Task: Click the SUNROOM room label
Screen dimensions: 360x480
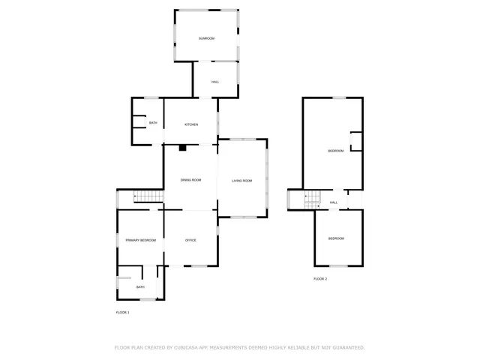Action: pyautogui.click(x=206, y=37)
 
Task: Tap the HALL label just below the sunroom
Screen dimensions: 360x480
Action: pyautogui.click(x=215, y=82)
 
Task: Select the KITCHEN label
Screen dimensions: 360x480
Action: pyautogui.click(x=191, y=124)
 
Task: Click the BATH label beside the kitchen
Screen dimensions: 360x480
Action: pyautogui.click(x=153, y=123)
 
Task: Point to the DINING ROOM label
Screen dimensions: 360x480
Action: pyautogui.click(x=191, y=180)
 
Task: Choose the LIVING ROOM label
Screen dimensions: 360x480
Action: pyautogui.click(x=241, y=181)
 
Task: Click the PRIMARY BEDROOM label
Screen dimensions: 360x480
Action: pyautogui.click(x=141, y=240)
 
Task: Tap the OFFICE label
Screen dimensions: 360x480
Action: pyautogui.click(x=190, y=240)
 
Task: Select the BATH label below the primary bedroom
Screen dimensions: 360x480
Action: pyautogui.click(x=140, y=287)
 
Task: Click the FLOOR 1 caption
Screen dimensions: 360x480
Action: pyautogui.click(x=122, y=312)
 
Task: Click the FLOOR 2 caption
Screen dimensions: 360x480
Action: pyautogui.click(x=320, y=278)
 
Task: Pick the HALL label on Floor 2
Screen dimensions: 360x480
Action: pyautogui.click(x=334, y=202)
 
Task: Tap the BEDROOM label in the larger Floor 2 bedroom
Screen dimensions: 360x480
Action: pyautogui.click(x=335, y=151)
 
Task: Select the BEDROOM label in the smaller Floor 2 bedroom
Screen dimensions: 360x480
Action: pyautogui.click(x=336, y=238)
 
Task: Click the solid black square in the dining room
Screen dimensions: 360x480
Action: pyautogui.click(x=181, y=148)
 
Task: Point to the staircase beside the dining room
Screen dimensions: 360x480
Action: pyautogui.click(x=148, y=196)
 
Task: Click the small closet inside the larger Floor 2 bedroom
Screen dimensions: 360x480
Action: pyautogui.click(x=356, y=142)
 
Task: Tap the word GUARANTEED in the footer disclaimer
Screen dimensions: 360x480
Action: pyautogui.click(x=347, y=347)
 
